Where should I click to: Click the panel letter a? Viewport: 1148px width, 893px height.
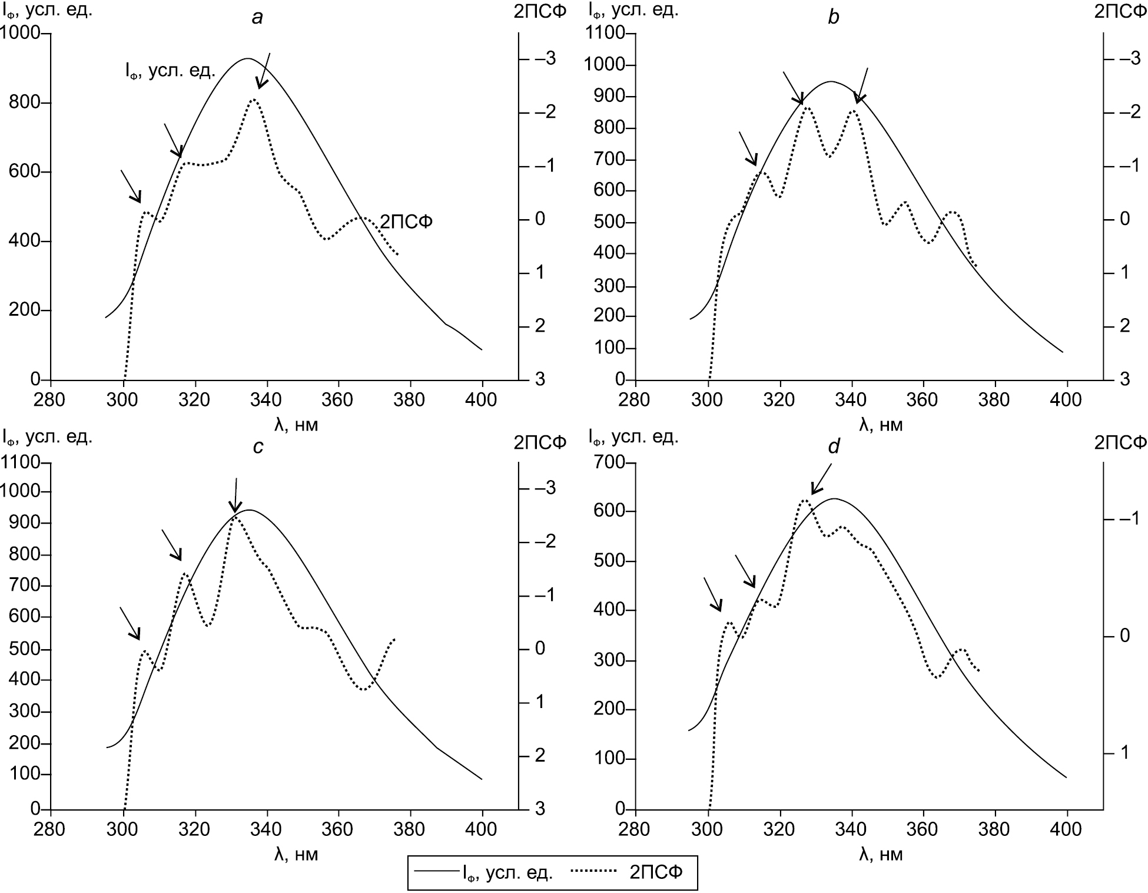coord(257,18)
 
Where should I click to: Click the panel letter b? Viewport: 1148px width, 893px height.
coord(833,18)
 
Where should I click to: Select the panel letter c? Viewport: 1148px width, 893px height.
coord(257,447)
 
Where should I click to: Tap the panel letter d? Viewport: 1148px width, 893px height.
coord(833,447)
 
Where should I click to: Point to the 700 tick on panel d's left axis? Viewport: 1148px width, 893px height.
coord(611,462)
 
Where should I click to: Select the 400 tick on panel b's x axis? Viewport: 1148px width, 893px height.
coord(1067,400)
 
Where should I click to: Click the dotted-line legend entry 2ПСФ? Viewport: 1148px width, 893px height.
coord(656,872)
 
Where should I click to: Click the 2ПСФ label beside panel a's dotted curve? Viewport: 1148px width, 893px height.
coord(406,221)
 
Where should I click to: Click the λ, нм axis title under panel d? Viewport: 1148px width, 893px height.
coord(881,854)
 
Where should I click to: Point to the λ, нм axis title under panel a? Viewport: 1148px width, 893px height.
coord(296,425)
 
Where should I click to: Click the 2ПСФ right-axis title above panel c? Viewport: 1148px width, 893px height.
coord(539,442)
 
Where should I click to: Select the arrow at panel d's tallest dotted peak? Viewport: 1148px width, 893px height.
coord(821,479)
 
